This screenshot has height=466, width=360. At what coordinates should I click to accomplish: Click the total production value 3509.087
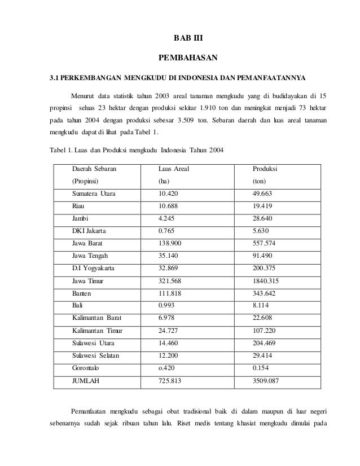coord(265,380)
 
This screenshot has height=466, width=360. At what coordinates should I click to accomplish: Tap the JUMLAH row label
coord(85,380)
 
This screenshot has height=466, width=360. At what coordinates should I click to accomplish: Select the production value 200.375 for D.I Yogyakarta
coord(265,268)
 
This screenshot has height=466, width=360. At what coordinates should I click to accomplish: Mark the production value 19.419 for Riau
coord(262,206)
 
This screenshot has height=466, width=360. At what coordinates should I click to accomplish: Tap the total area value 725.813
coord(170,380)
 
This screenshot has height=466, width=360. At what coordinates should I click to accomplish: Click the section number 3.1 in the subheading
coord(55,77)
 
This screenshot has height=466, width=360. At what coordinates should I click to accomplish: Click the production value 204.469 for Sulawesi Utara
coord(265,342)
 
